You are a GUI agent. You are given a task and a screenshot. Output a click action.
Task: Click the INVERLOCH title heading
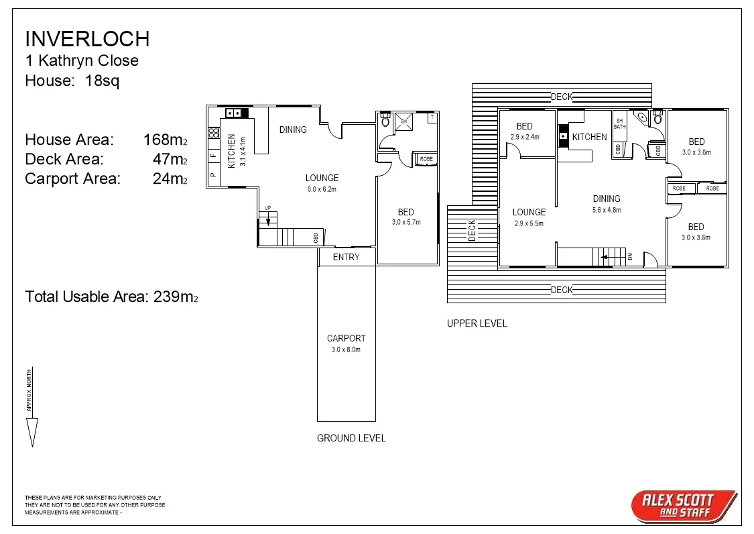pos(86,39)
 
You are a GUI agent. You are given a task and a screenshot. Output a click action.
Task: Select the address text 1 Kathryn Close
pos(82,60)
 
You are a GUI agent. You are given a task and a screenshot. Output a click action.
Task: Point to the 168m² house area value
pos(165,140)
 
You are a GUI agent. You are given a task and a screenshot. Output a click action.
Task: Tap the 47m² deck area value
pos(170,160)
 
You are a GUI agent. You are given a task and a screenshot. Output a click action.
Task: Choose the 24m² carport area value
pos(170,179)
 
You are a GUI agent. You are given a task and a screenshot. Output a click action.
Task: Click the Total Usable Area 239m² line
pos(111,297)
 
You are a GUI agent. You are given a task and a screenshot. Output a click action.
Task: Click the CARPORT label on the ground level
pos(347,338)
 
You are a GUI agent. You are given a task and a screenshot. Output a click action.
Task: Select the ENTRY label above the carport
pos(347,257)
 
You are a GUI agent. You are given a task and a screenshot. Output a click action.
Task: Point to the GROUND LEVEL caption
pos(351,438)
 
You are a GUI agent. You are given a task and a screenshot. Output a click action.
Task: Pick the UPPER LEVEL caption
pos(477,323)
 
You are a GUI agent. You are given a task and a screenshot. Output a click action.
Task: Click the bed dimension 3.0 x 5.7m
pos(406,222)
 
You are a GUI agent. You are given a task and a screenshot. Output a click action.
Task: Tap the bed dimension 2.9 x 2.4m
pos(525,136)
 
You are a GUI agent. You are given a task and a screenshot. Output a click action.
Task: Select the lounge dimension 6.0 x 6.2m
pos(322,189)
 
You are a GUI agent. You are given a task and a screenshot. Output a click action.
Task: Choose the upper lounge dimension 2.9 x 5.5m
pos(529,223)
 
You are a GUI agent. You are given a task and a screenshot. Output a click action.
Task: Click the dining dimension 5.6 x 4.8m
pos(607,209)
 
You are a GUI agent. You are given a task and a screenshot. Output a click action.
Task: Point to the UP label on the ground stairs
pos(267,207)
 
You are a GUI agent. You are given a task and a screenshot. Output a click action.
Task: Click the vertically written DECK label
pos(472,230)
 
